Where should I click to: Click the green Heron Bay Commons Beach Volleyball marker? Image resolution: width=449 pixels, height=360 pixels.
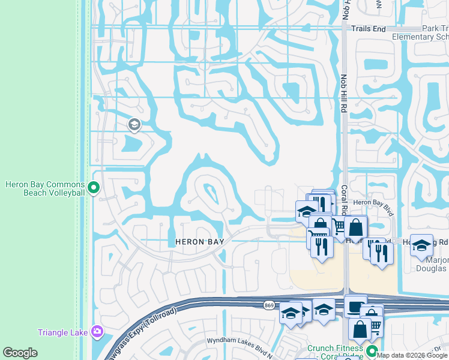(93, 188)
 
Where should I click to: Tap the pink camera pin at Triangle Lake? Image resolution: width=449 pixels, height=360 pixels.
(97, 332)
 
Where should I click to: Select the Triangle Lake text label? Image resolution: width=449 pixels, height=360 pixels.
(62, 332)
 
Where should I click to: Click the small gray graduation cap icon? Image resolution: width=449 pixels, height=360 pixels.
(134, 125)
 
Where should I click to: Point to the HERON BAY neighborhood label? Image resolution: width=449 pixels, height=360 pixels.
(200, 242)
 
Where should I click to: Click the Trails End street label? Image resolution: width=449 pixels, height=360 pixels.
(368, 29)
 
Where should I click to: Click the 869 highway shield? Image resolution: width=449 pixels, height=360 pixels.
(270, 305)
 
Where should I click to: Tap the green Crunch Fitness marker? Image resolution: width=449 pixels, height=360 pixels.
(372, 352)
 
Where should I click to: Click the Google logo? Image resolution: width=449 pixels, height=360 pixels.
(20, 353)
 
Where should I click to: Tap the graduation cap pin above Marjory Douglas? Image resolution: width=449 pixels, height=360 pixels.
(421, 244)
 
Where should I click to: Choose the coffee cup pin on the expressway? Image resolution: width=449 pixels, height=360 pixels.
(355, 305)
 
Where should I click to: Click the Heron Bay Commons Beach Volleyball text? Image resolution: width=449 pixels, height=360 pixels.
(44, 188)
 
